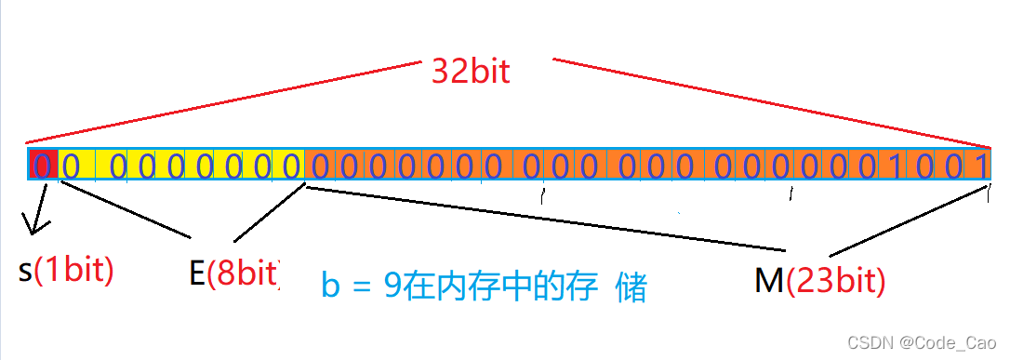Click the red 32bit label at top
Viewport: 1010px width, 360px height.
click(x=471, y=71)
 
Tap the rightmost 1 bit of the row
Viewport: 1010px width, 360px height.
click(x=980, y=166)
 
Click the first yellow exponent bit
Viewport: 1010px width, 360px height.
click(x=70, y=166)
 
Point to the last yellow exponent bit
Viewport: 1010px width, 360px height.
click(x=291, y=166)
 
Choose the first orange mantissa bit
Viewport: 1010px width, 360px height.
click(x=319, y=166)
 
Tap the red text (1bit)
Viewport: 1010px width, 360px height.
click(x=74, y=270)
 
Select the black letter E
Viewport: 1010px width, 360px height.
click(x=196, y=273)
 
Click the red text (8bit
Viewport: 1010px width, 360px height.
click(x=244, y=273)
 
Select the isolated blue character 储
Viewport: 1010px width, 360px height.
click(x=631, y=287)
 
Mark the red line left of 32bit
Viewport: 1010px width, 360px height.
click(x=223, y=102)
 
